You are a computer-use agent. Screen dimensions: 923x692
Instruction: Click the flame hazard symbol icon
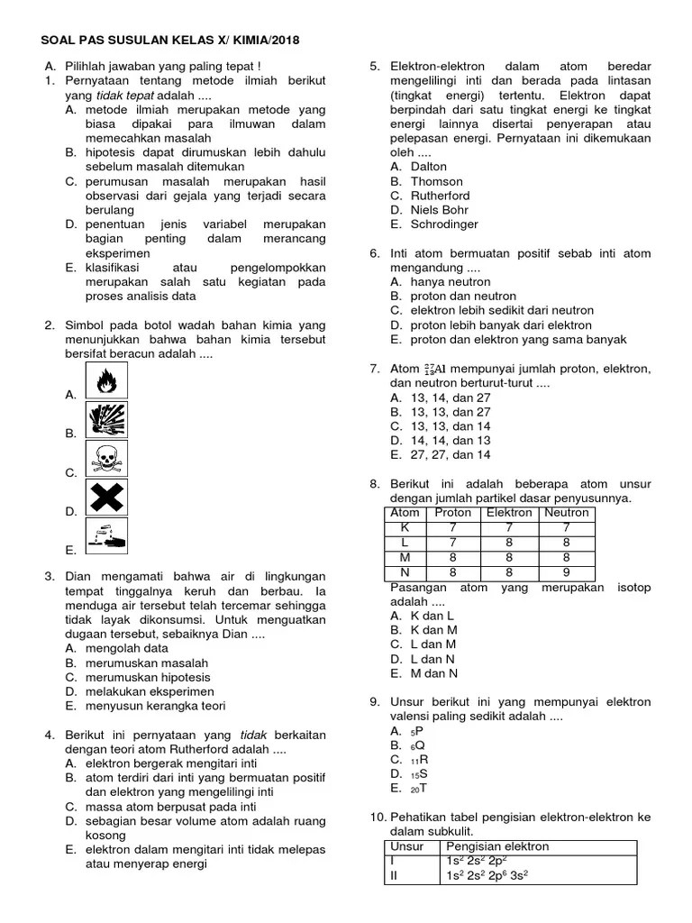click(106, 381)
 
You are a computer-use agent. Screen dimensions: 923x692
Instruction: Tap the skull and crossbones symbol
click(106, 459)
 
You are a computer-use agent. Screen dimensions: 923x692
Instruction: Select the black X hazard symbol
click(106, 498)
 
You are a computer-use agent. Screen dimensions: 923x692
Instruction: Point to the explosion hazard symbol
click(106, 420)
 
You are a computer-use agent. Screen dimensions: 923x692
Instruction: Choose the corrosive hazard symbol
click(106, 537)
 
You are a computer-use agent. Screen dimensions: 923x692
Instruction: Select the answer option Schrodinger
click(444, 224)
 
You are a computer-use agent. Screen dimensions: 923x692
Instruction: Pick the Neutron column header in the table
click(566, 513)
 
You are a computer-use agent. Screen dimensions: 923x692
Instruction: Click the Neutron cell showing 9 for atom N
click(566, 571)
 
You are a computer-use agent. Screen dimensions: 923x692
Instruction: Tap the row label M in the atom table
click(405, 556)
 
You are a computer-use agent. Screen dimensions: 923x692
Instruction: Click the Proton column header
click(453, 513)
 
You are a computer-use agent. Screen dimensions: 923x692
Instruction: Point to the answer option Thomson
click(437, 181)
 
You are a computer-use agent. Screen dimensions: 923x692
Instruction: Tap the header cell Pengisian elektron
click(497, 846)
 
